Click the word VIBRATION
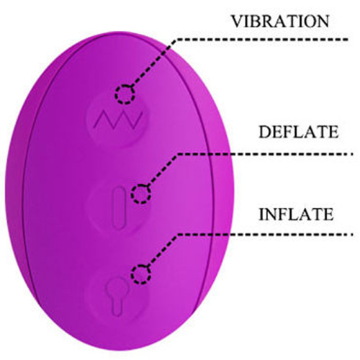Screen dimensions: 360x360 click(280, 21)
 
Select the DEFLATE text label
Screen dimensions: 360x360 click(299, 132)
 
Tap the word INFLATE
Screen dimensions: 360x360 click(297, 214)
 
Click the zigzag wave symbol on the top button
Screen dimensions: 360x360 click(118, 120)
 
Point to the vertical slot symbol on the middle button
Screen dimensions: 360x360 click(119, 207)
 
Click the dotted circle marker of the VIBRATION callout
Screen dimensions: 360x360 click(125, 94)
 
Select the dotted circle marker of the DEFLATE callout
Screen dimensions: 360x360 click(141, 194)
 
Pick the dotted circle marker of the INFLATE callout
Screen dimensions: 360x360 click(141, 274)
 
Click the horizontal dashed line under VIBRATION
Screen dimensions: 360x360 click(261, 40)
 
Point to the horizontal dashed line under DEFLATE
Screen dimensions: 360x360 click(264, 154)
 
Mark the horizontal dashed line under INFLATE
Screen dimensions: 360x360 click(264, 234)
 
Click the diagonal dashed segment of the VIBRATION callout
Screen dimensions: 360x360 click(153, 63)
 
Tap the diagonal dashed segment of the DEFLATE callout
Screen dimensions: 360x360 click(162, 170)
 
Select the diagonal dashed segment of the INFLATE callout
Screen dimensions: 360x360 click(162, 251)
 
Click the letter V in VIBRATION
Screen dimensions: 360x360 click(238, 21)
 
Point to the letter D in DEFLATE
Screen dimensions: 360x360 click(264, 132)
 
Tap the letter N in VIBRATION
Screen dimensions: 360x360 click(323, 21)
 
